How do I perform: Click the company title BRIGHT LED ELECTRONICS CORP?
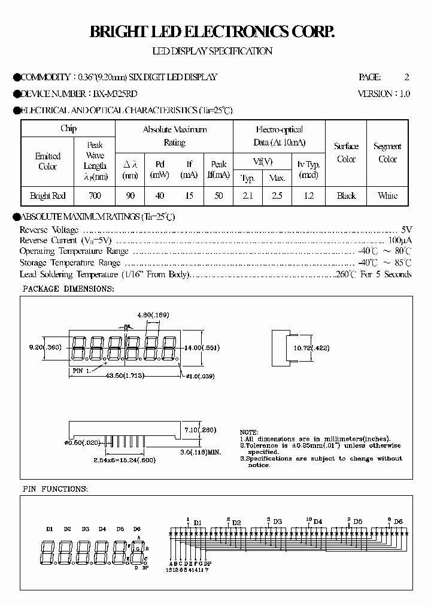coord(212,32)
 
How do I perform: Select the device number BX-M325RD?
coord(116,94)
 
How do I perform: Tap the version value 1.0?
coord(404,94)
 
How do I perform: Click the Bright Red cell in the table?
coord(47,196)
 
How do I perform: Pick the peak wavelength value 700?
coord(95,196)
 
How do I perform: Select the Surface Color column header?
coord(346,153)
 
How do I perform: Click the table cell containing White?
coord(387,196)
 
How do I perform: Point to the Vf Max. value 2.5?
coord(277,196)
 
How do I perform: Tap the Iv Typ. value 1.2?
coord(308,196)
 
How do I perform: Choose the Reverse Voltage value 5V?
coord(406,230)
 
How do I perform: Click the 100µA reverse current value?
coord(400,241)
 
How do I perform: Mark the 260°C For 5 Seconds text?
coord(373,274)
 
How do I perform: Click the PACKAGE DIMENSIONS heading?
coord(68,289)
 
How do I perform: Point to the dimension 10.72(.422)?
coord(311,348)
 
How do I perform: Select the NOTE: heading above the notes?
coord(249,432)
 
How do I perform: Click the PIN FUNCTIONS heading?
coord(55,489)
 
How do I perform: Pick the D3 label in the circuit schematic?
coord(277,522)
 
